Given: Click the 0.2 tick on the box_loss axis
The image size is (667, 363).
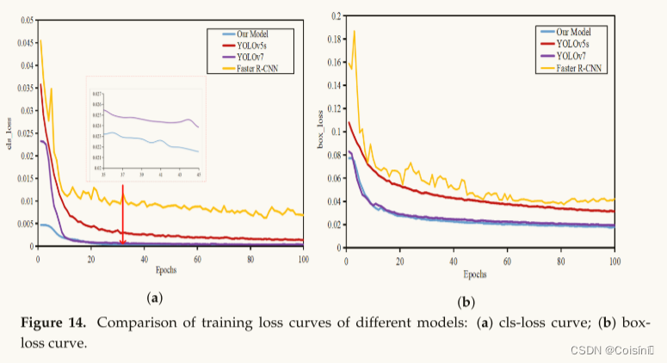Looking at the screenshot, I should pyautogui.click(x=335, y=15).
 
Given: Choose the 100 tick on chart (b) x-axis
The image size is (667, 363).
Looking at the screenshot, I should pyautogui.click(x=614, y=260).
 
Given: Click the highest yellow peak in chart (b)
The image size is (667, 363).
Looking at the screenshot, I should pyautogui.click(x=354, y=32).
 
